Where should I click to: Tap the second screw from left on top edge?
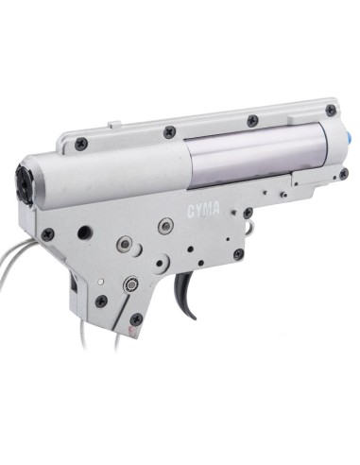coord(167,130)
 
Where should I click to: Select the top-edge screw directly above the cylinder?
coord(252,120)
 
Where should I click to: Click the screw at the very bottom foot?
coord(137,319)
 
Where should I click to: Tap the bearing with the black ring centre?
coord(131,282)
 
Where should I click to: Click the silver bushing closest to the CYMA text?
coord(165,226)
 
